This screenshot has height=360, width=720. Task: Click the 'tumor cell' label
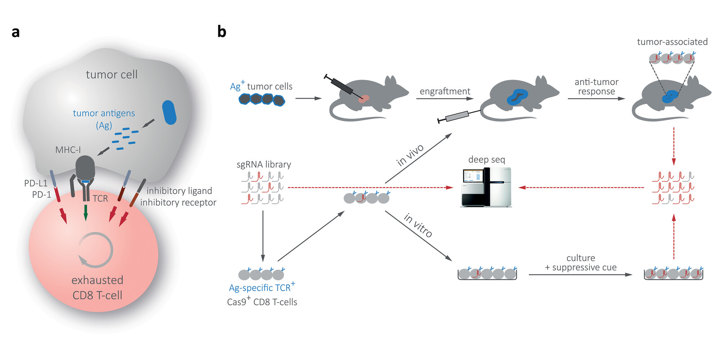coord(112,75)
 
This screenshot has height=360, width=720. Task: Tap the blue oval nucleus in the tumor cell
coord(169,112)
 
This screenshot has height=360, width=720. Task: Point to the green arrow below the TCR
coord(85,212)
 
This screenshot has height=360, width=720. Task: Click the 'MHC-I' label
coord(68,150)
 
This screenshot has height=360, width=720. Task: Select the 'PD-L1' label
coord(36,183)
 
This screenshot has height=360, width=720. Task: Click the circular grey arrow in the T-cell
coord(95,250)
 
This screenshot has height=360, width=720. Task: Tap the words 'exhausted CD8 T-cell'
coord(97,288)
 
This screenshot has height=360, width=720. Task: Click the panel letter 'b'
coord(222,31)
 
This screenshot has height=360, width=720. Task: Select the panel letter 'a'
coord(16,32)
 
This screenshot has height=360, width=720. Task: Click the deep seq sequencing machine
coord(486,187)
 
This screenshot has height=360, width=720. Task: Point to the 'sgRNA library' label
coord(264,165)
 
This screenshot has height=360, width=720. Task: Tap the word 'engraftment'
coord(445,91)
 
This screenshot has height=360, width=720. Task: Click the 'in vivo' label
coord(410,155)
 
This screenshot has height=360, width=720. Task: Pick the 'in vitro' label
coord(418,225)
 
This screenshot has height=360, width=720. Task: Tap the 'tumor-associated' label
coord(672,42)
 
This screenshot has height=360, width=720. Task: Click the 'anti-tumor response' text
coord(596,86)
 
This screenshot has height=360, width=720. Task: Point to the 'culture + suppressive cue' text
coord(581,263)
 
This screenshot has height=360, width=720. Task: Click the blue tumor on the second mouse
coord(517,97)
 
